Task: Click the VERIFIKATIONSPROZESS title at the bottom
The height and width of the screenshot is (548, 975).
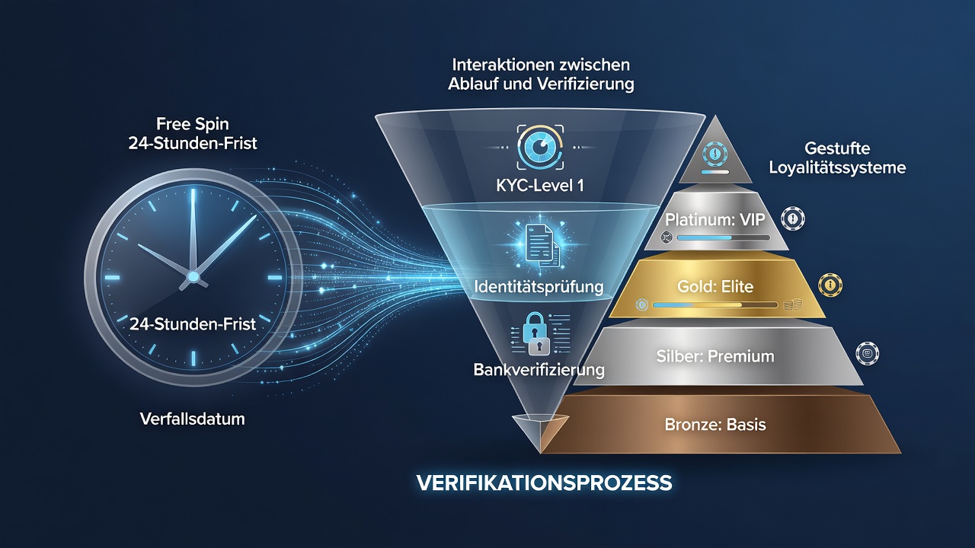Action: pos(544,483)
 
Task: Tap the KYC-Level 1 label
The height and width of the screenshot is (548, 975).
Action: pos(540,186)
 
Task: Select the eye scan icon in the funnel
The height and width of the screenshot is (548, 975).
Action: pos(540,147)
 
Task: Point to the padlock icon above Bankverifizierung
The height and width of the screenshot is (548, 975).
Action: pos(535,334)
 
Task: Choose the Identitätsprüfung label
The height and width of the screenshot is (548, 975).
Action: pos(539,287)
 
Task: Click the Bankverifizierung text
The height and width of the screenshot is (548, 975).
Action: pos(539,370)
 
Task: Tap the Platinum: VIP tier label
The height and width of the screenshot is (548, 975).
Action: pos(714,220)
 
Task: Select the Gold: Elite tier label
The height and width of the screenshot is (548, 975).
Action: pos(715,287)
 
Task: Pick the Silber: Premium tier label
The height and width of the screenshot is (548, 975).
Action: pos(715,357)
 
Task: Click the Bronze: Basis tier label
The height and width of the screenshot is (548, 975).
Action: pos(715,425)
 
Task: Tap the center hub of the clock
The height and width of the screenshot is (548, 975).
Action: pos(193,276)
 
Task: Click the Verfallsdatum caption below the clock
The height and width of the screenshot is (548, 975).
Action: pos(193,419)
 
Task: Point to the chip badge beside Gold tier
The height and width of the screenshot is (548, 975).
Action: pos(830,285)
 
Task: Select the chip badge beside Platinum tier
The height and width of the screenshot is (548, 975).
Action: pos(793,218)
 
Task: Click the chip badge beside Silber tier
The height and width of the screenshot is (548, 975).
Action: pos(867,353)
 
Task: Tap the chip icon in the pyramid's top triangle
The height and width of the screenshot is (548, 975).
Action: pos(715,154)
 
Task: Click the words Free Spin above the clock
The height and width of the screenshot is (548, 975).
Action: pos(193,124)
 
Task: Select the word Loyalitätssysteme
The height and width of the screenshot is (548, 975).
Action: pos(837,168)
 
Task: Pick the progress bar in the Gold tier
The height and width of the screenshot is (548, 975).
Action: pos(715,305)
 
